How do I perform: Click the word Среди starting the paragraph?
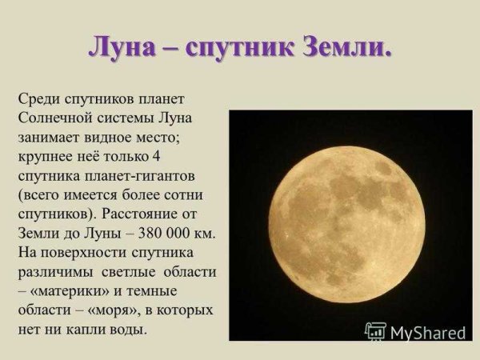click(38, 99)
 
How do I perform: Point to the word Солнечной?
click(58, 118)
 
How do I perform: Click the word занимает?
click(53, 138)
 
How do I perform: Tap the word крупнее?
click(47, 157)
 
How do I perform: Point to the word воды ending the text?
click(130, 330)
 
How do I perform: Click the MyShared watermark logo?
click(416, 331)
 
